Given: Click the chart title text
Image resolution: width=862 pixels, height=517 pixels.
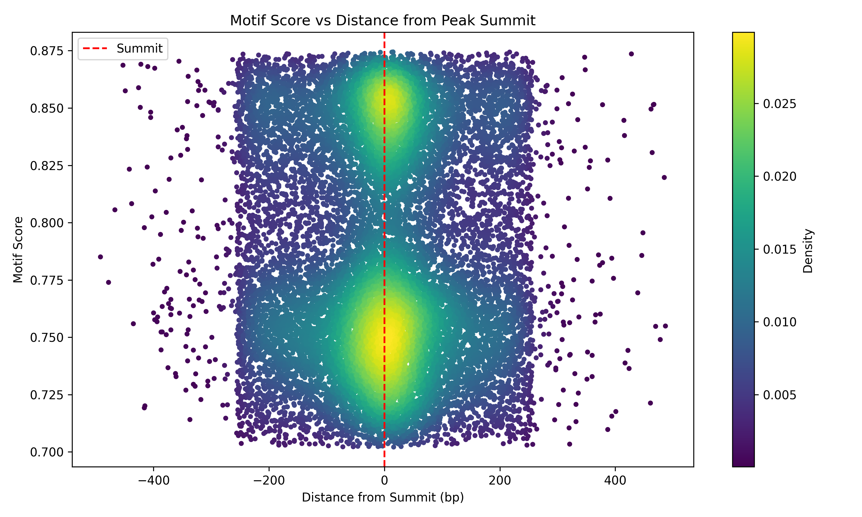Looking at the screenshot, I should pos(382,21).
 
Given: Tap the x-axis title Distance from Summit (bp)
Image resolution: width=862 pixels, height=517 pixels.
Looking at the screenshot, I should pos(382,497).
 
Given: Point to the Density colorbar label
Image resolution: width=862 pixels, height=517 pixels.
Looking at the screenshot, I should pos(808,250).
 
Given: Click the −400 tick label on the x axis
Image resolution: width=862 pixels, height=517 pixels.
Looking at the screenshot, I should pos(153,481).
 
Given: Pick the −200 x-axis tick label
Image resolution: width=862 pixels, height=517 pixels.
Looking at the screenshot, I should pos(269,481).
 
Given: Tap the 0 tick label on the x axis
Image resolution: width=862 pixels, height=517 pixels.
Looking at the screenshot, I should pos(384,481).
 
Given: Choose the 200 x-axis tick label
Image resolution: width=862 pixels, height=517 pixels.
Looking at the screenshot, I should pos(500,481).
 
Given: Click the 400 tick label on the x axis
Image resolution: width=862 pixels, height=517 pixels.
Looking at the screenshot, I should pos(615,481).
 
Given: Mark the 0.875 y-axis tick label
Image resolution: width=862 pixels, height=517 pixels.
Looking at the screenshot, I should pos(47,51).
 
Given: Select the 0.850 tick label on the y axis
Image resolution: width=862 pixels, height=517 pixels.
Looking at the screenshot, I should pos(47,108).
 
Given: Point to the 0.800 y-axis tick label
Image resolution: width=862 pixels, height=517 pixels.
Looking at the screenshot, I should pos(47,223).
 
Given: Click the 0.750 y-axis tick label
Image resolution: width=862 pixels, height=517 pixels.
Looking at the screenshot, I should pos(47,337).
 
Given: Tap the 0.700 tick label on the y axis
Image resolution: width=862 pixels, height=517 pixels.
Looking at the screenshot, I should pos(47,452).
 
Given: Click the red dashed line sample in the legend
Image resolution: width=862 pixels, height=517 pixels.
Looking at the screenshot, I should pos(95,49).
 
